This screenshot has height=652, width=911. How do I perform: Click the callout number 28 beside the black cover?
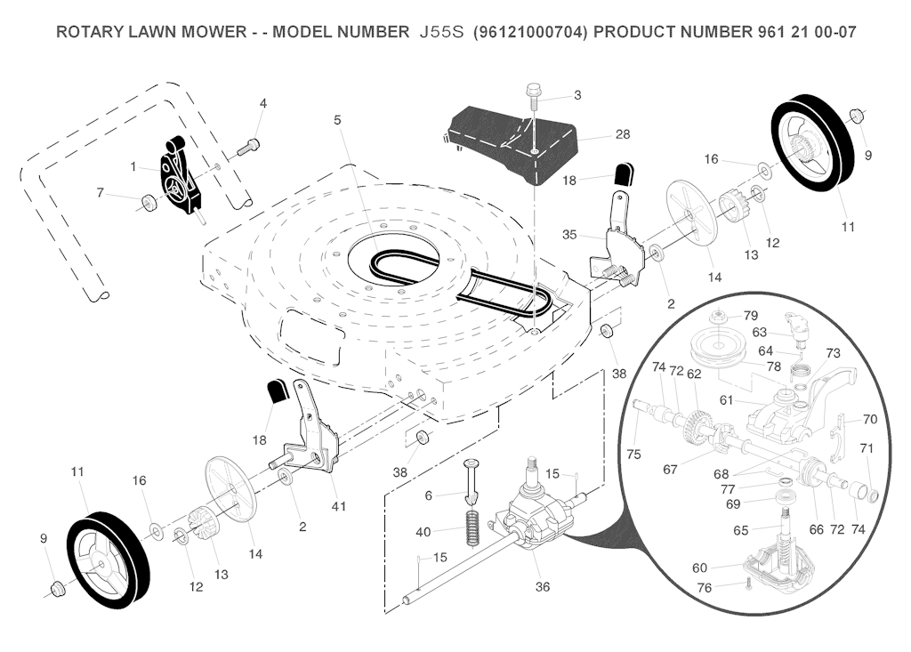(622, 134)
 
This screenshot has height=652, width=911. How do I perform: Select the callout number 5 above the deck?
(337, 119)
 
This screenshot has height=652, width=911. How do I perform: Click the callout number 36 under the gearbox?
(542, 587)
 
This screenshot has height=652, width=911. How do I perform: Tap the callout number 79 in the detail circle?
(751, 316)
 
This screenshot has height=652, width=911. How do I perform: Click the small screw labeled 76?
(749, 584)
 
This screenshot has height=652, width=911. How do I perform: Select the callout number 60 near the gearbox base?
(700, 567)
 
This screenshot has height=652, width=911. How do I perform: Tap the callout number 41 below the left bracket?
(338, 506)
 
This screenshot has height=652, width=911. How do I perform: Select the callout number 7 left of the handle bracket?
(101, 192)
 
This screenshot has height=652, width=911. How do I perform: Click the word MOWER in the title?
(208, 32)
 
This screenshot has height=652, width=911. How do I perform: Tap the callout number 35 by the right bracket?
(570, 235)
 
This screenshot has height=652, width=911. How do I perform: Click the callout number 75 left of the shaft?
(633, 455)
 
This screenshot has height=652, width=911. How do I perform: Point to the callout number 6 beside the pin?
(428, 495)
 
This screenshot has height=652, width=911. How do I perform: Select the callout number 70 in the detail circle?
(870, 419)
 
